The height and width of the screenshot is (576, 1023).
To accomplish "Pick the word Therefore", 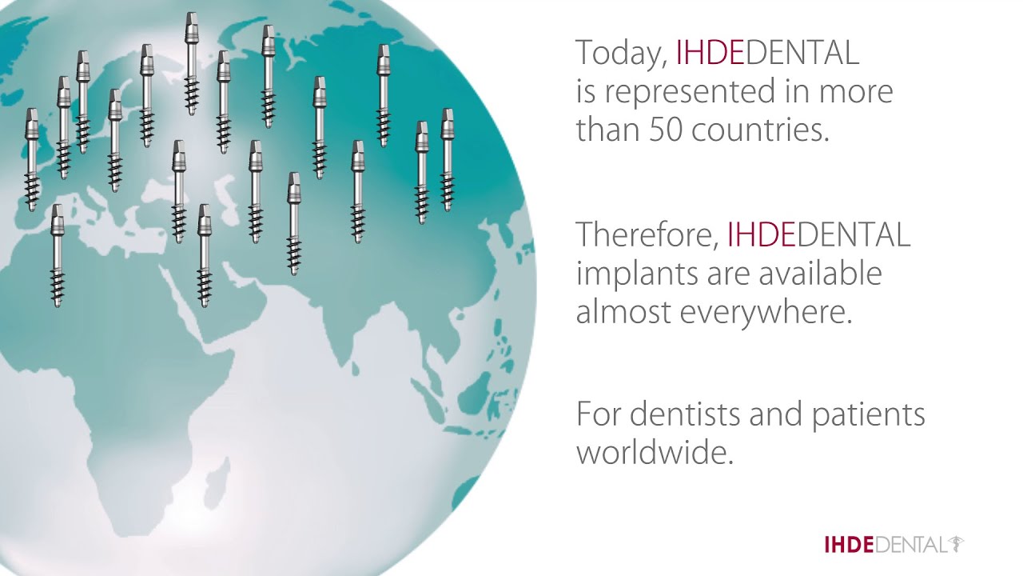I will [647, 234].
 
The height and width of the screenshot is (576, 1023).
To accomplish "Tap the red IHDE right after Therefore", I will [761, 234].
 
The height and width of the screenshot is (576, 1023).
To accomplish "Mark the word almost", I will [623, 311].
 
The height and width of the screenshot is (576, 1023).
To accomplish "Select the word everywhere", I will [766, 311].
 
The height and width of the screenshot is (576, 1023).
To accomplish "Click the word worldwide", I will [655, 453].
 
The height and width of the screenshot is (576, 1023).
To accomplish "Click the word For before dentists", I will [598, 414].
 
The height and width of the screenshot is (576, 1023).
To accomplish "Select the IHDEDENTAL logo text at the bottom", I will [884, 546].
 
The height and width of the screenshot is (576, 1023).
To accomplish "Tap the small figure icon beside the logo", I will [955, 545].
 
